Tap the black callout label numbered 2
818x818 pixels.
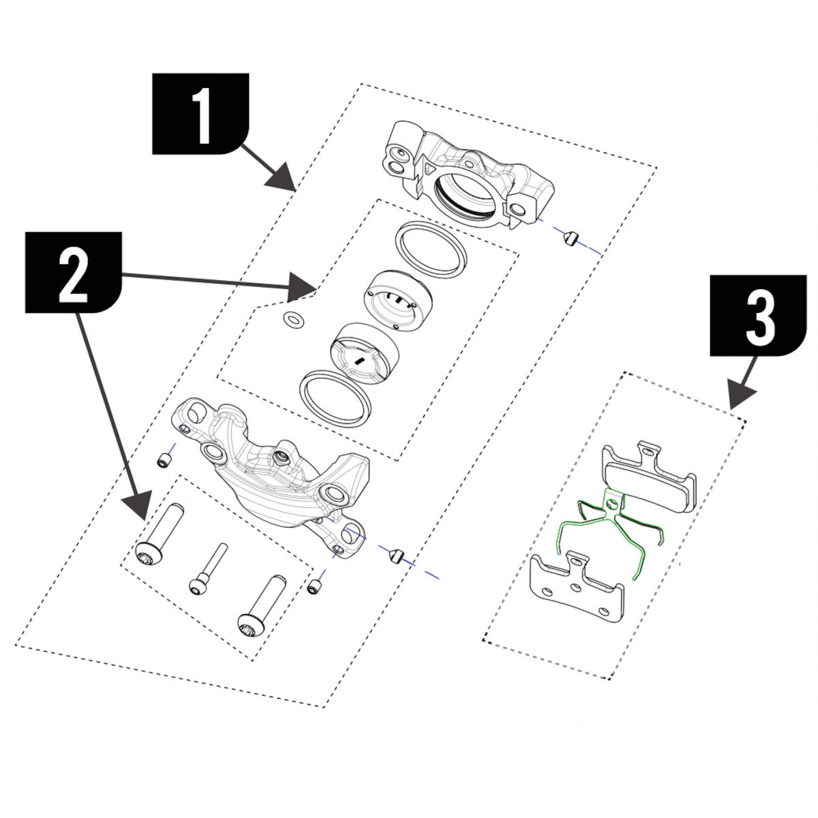[x=74, y=273]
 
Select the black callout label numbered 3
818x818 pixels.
[x=759, y=315]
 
